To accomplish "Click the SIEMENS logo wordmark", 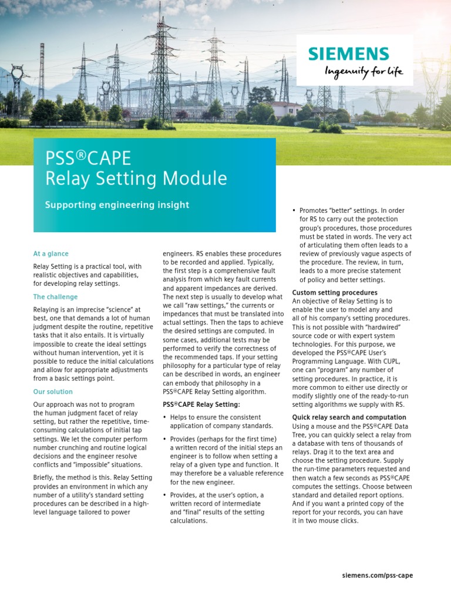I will pyautogui.click(x=348, y=54).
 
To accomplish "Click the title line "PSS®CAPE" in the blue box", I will pyautogui.click(x=89, y=158).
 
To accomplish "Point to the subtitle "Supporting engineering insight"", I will pyautogui.click(x=117, y=205).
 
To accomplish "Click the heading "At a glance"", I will pyautogui.click(x=51, y=254).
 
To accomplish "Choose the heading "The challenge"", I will pyautogui.click(x=56, y=297).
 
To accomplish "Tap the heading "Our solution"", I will pyautogui.click(x=53, y=392).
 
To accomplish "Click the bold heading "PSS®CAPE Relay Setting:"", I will pyautogui.click(x=201, y=404).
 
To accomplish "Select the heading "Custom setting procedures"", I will pyautogui.click(x=335, y=292).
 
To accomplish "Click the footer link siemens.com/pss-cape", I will pyautogui.click(x=377, y=576).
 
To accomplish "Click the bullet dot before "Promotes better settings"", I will pyautogui.click(x=294, y=210).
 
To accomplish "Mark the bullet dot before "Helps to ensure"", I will pyautogui.click(x=165, y=417).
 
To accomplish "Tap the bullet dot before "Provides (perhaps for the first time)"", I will pyautogui.click(x=165, y=439).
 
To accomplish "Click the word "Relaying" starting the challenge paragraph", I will pyautogui.click(x=46, y=310).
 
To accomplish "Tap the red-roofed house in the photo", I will pyautogui.click(x=286, y=108).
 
